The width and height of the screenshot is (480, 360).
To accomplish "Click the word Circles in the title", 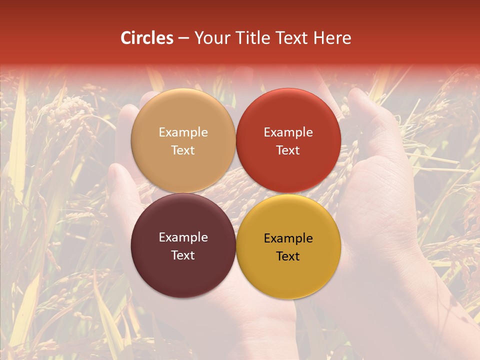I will [x=147, y=38].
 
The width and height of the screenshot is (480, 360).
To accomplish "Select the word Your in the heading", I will [x=210, y=38].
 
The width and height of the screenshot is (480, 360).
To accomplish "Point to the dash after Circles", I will [x=183, y=39].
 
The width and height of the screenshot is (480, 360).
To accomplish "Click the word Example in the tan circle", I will [x=183, y=132].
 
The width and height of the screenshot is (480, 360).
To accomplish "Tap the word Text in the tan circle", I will [x=183, y=150].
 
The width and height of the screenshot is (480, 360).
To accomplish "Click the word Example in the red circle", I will [x=288, y=132].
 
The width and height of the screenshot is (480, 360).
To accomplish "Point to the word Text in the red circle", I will [x=288, y=150].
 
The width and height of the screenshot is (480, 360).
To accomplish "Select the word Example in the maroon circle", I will [x=183, y=237].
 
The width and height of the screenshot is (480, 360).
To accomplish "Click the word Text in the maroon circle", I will [x=183, y=255].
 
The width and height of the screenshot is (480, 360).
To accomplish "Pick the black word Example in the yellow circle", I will [x=288, y=238].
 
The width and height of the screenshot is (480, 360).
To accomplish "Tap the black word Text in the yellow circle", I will [x=288, y=256].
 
